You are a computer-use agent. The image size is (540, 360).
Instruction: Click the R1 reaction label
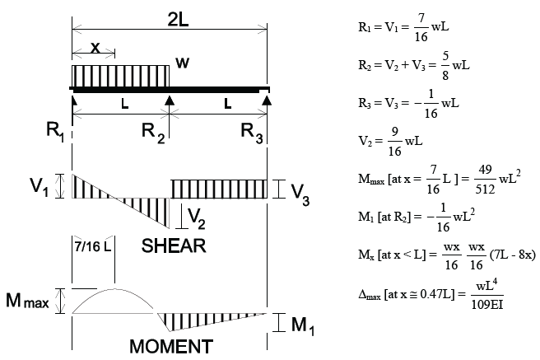click(56, 131)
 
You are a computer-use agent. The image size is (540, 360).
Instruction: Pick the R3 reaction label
click(253, 131)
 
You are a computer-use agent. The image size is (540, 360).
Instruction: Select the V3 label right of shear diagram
click(301, 191)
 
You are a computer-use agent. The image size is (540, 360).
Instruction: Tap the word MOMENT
click(170, 346)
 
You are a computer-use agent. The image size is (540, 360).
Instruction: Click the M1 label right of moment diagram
click(301, 325)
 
